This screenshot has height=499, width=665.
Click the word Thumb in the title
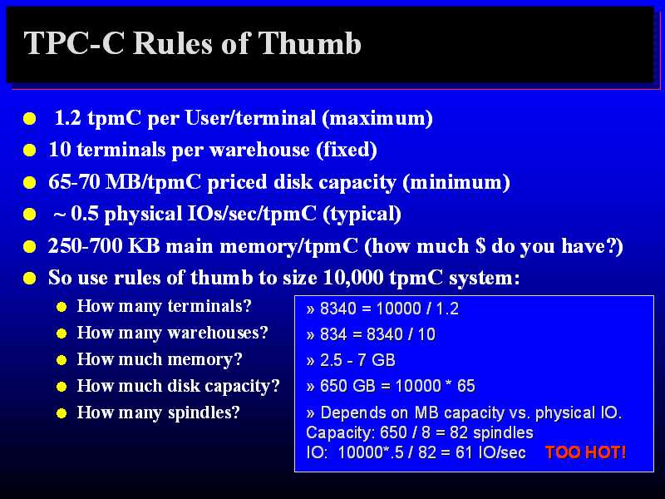click(309, 43)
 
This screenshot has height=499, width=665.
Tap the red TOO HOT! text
click(585, 452)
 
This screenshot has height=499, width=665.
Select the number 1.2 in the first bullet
click(68, 118)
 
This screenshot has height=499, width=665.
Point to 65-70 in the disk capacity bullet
click(74, 181)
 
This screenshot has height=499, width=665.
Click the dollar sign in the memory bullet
click(480, 245)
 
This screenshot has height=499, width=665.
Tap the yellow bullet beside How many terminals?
click(62, 307)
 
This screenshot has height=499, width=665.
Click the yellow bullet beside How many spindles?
click(62, 413)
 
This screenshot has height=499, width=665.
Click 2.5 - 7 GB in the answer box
click(357, 360)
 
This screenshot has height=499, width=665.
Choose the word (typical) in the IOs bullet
click(362, 214)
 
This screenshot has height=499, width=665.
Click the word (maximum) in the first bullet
click(377, 118)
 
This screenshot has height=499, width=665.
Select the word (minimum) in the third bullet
click(456, 182)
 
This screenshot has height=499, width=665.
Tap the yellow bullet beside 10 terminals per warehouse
click(29, 151)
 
